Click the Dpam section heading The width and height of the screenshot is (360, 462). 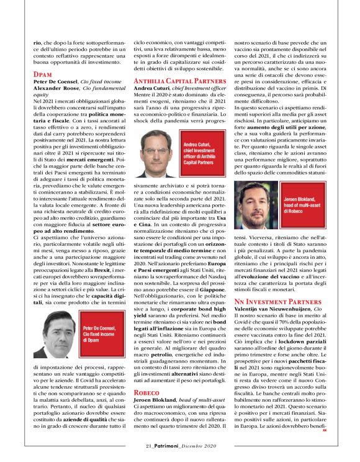(x=43, y=74)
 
